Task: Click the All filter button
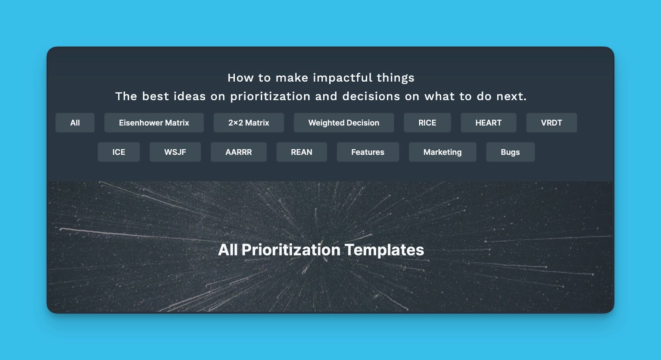75,123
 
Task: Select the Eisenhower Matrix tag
154,123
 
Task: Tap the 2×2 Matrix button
249,123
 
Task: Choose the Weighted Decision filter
344,123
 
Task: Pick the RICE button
427,123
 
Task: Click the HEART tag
488,123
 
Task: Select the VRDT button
552,123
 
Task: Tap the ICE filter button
119,152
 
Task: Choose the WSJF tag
175,152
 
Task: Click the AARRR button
239,152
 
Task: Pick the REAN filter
302,152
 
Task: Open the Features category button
368,152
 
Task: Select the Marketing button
442,152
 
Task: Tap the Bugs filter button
510,152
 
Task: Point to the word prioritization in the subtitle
270,97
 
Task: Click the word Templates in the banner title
385,250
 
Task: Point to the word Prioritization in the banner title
291,250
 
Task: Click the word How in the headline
240,78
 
